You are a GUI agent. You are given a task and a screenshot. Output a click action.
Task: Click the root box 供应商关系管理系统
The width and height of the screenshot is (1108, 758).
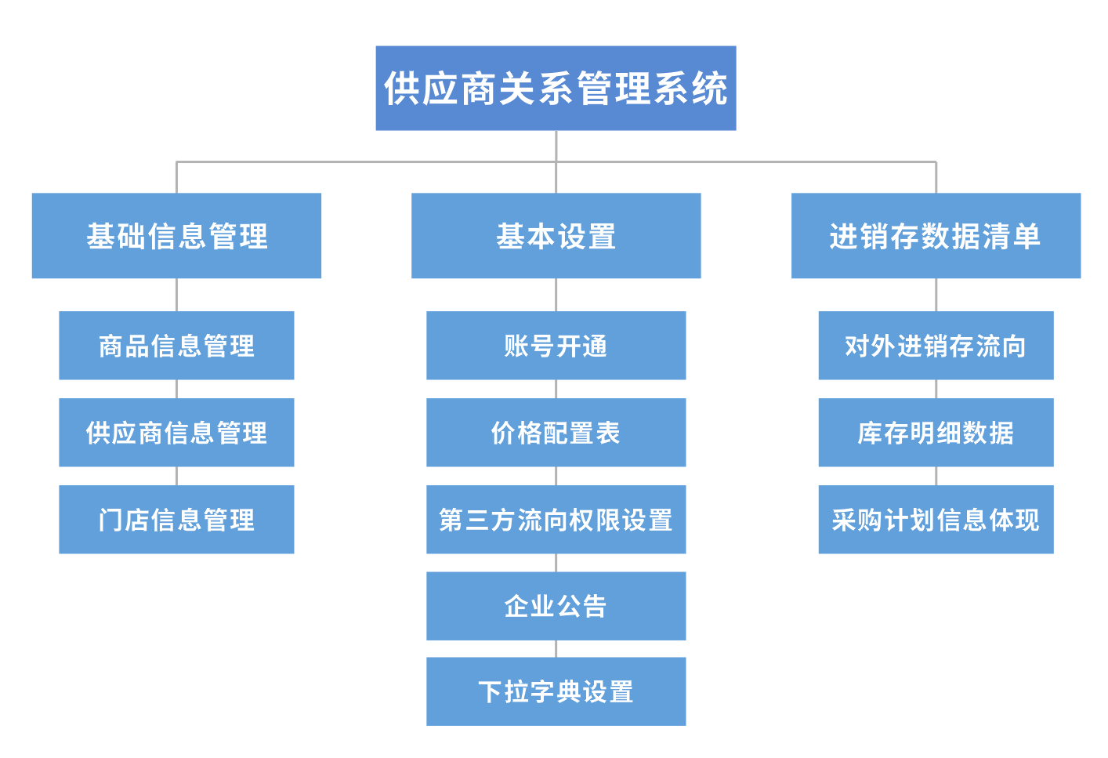click(x=556, y=88)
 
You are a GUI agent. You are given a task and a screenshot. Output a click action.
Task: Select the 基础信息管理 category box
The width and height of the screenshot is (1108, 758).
click(x=176, y=236)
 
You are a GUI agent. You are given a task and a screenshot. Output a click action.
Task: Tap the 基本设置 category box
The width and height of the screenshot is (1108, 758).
click(x=556, y=236)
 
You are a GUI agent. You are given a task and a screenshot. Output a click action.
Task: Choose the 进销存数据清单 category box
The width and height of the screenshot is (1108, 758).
click(x=936, y=236)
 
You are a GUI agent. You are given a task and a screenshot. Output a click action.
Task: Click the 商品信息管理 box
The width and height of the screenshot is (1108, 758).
click(x=176, y=346)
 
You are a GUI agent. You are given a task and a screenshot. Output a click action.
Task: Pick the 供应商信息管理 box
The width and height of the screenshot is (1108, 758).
click(x=176, y=433)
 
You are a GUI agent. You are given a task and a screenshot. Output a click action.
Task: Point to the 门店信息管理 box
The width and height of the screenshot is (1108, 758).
click(x=176, y=520)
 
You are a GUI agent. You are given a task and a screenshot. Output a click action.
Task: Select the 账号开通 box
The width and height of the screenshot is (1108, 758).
click(x=556, y=346)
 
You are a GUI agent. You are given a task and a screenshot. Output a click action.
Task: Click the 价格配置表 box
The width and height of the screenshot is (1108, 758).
click(x=556, y=433)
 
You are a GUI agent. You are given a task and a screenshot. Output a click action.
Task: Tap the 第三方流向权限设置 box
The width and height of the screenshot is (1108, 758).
click(x=556, y=520)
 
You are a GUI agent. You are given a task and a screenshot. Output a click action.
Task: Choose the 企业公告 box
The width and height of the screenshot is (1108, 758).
click(x=556, y=606)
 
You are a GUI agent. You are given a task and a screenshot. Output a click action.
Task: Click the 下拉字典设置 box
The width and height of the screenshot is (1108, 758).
click(x=556, y=691)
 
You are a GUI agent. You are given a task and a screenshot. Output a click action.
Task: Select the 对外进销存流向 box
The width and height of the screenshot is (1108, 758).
click(x=936, y=346)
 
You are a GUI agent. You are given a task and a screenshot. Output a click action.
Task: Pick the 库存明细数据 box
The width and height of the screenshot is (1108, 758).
click(x=936, y=433)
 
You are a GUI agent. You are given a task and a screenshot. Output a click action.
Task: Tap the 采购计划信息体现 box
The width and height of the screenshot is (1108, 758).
click(x=936, y=520)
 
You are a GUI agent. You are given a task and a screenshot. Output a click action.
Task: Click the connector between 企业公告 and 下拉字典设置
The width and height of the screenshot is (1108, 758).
click(x=556, y=649)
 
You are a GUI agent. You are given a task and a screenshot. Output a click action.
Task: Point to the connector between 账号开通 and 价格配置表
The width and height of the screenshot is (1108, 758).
click(x=556, y=390)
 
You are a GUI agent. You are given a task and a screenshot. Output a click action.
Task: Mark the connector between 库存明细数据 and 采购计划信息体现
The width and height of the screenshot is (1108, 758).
click(x=936, y=476)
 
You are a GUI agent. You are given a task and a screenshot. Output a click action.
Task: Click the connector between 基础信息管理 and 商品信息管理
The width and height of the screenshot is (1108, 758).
click(x=176, y=295)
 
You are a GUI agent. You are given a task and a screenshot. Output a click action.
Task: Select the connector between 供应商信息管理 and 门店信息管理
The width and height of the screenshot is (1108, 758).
click(x=176, y=476)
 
